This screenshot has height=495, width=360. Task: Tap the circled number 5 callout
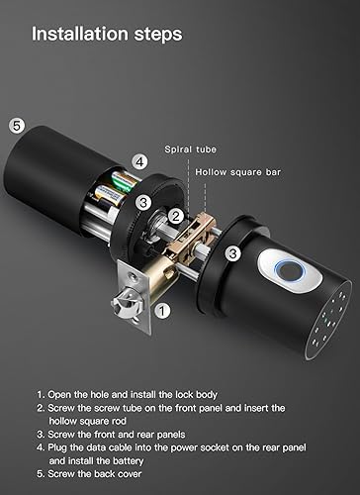[16, 126]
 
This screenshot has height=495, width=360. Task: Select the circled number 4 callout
[140, 161]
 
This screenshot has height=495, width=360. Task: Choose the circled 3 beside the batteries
[143, 203]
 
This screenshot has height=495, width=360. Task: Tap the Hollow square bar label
[238, 171]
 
